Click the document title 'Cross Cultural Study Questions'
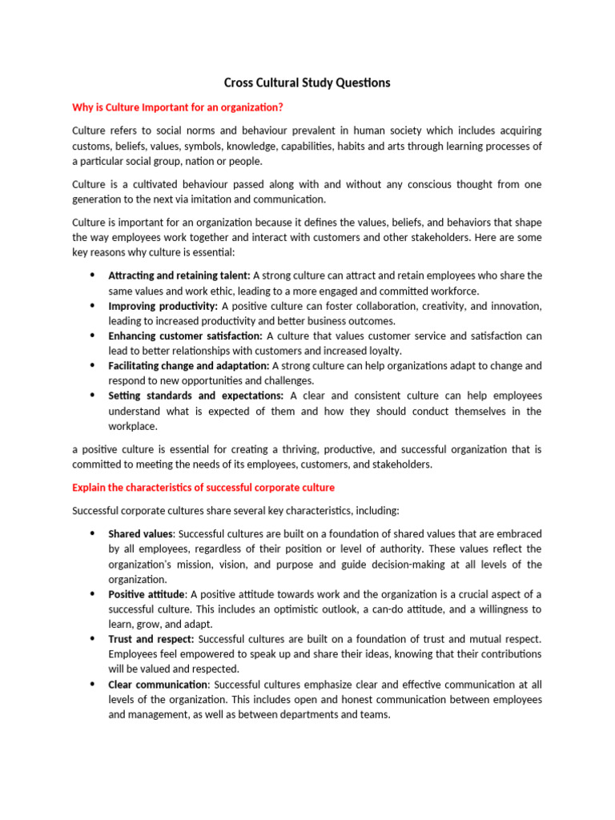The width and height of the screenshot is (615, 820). pos(307,82)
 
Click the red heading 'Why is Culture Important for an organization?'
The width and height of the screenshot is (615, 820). pos(178,107)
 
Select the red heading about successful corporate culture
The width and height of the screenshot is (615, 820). pos(203,487)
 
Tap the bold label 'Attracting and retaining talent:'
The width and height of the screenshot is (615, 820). pos(179,275)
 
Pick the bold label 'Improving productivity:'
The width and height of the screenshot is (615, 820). pos(163,306)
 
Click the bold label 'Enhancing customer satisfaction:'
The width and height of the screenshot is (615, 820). pos(185,336)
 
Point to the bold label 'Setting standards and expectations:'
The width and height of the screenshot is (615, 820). pos(196,396)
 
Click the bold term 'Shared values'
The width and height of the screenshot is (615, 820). pos(141,533)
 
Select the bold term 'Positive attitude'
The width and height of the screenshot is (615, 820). pos(147,593)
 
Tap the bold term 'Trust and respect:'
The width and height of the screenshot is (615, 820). pos(151,638)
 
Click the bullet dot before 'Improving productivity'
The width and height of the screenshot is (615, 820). pos(91,306)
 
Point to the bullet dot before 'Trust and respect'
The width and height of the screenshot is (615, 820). pos(91,638)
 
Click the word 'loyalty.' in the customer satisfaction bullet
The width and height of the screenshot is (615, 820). pos(381,351)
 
